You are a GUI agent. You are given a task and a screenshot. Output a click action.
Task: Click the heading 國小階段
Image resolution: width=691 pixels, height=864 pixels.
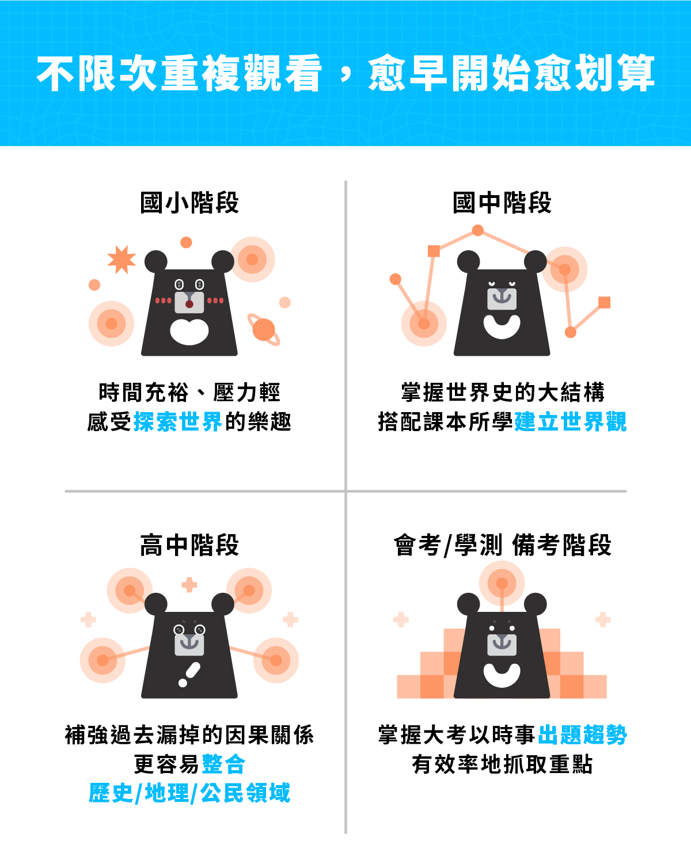pyautogui.click(x=189, y=203)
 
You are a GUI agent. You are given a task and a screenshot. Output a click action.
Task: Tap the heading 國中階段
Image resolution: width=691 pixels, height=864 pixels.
pyautogui.click(x=502, y=203)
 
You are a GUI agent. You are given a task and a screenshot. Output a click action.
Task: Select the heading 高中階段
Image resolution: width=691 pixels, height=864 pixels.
pyautogui.click(x=189, y=545)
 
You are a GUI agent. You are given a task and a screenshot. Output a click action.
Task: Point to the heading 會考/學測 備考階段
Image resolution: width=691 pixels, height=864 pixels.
pyautogui.click(x=502, y=545)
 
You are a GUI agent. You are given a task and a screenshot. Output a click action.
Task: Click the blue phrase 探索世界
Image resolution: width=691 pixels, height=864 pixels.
pyautogui.click(x=177, y=421)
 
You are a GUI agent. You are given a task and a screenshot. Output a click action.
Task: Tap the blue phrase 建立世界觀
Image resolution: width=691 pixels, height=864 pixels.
pyautogui.click(x=571, y=421)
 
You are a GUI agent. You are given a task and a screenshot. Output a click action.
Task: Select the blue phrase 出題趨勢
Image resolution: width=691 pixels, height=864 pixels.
pyautogui.click(x=583, y=735)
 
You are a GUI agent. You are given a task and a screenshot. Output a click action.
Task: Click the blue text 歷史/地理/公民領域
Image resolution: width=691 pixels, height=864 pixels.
pyautogui.click(x=189, y=793)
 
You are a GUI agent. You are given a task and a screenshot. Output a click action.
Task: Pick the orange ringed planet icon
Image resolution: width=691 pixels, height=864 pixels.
pyautogui.click(x=264, y=329)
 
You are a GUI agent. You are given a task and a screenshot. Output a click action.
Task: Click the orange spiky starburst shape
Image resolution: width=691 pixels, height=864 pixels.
pyautogui.click(x=122, y=260)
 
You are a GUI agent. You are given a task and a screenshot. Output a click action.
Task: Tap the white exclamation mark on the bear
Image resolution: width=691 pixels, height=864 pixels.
pyautogui.click(x=189, y=675)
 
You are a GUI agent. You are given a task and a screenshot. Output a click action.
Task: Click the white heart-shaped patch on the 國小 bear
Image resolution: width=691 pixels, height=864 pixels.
pyautogui.click(x=189, y=332)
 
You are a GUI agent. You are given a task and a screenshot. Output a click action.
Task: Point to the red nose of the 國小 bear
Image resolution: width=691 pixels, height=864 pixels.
pyautogui.click(x=189, y=304)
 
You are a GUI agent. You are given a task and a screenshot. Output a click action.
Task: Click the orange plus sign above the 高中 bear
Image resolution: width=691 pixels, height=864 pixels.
pyautogui.click(x=189, y=585)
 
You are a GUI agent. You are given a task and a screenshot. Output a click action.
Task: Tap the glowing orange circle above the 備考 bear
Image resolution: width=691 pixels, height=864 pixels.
pyautogui.click(x=502, y=583)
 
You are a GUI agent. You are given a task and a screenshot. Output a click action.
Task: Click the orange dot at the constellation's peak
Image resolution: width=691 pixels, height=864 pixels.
pyautogui.click(x=478, y=230)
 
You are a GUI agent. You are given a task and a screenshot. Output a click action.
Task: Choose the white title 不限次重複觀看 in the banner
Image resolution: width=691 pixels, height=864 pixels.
pyautogui.click(x=179, y=73)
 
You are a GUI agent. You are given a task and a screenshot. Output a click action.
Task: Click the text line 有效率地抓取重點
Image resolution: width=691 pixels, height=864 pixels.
pyautogui.click(x=502, y=764)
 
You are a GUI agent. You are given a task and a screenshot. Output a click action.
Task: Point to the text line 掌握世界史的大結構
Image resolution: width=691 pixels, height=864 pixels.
pyautogui.click(x=502, y=392)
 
